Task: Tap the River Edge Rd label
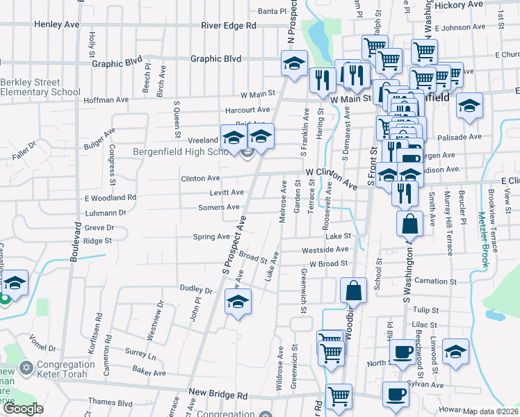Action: click(x=229, y=25)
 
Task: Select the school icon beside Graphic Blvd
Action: click(x=294, y=63)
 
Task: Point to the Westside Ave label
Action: click(x=325, y=250)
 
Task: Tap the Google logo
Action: click(x=23, y=409)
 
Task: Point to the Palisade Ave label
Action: click(x=465, y=137)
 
